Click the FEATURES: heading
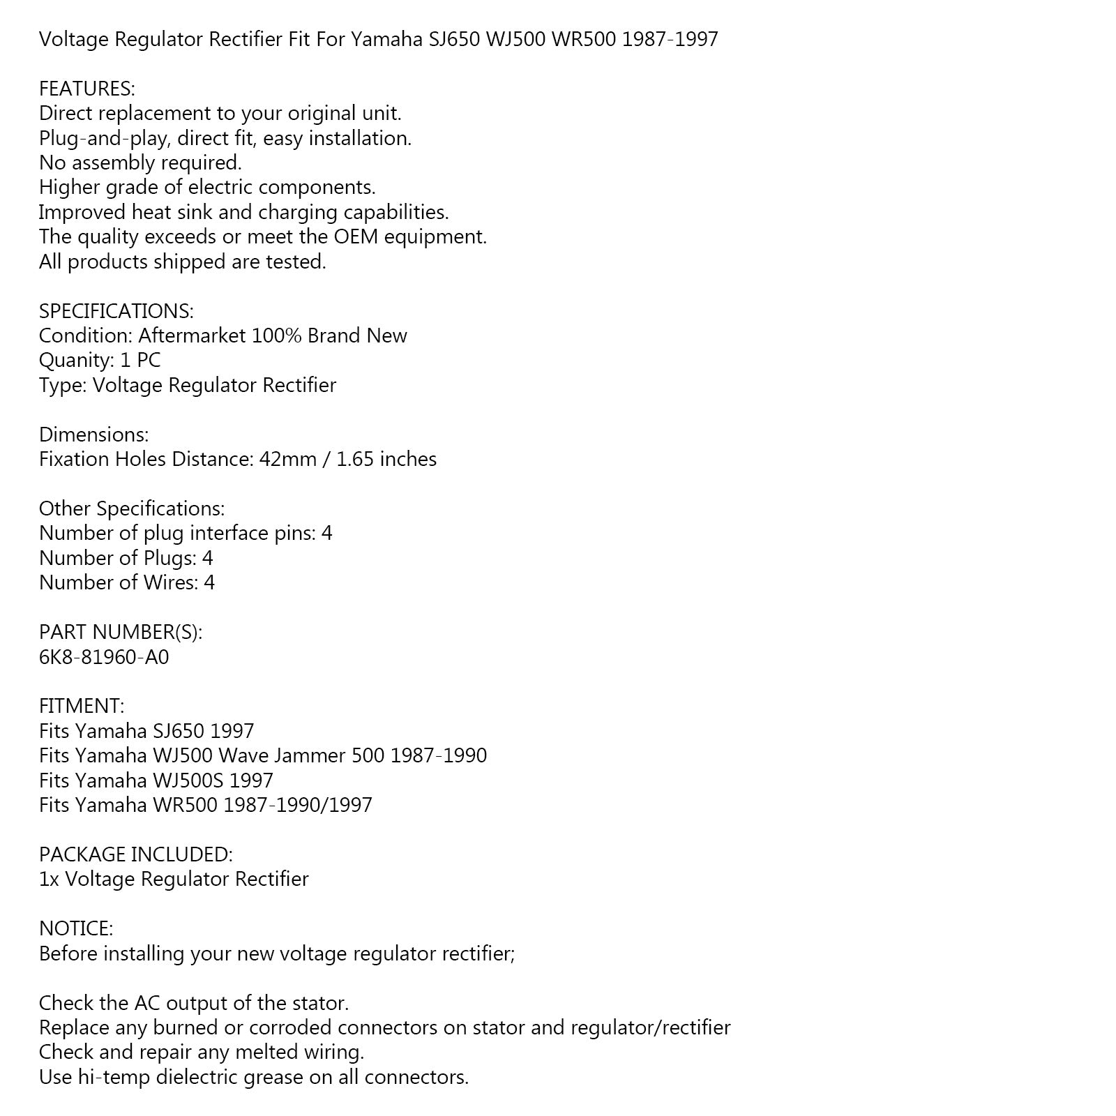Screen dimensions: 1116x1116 point(86,89)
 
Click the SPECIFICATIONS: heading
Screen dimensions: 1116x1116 point(116,311)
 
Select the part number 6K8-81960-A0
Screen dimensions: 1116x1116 point(104,657)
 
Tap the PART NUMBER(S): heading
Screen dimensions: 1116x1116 point(121,632)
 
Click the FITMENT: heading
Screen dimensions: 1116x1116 point(82,706)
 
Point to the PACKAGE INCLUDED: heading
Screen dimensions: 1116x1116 point(136,854)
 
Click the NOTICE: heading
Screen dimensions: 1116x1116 point(76,928)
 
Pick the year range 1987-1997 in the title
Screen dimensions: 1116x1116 point(670,39)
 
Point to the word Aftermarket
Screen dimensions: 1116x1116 point(192,335)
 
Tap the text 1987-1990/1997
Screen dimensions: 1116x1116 point(298,805)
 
